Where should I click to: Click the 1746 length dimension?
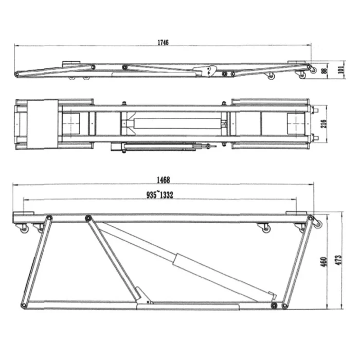click(163, 43)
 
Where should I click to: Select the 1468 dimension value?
click(163, 180)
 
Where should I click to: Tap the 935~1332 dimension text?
click(160, 195)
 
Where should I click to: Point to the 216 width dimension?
click(323, 124)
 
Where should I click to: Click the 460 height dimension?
click(323, 262)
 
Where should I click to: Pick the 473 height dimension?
click(338, 260)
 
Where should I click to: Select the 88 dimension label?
click(325, 70)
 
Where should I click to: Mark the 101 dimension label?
click(341, 69)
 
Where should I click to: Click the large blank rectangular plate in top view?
click(43, 124)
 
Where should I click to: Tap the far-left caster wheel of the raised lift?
click(24, 229)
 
